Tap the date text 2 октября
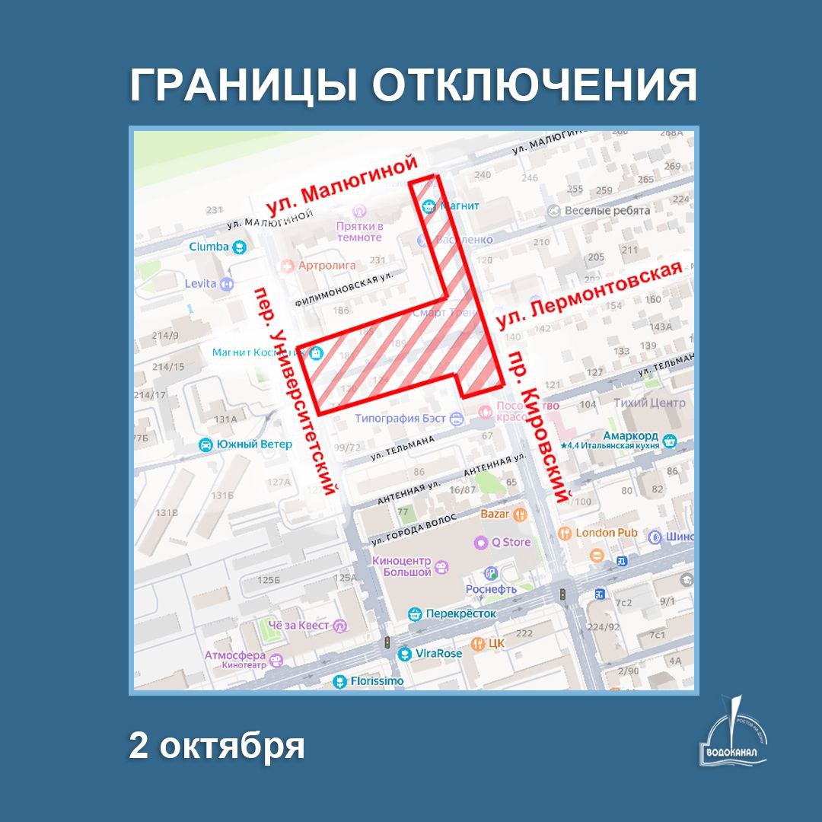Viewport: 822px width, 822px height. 217,746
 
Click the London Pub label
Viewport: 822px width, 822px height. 606,533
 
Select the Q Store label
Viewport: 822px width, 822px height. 511,543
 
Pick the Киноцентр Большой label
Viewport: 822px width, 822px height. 401,567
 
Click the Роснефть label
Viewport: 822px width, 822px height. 491,588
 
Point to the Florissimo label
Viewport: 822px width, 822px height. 377,681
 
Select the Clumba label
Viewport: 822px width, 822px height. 209,247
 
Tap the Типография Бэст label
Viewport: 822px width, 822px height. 401,419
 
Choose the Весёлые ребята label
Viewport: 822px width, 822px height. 607,211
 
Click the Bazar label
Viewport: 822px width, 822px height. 495,514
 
